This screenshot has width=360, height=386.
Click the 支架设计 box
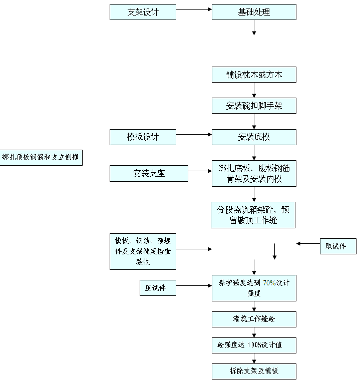[x=143, y=12]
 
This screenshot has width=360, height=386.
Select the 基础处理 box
[x=254, y=12]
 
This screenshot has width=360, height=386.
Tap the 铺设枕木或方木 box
[x=254, y=75]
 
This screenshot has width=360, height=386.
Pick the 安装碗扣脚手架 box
[x=254, y=106]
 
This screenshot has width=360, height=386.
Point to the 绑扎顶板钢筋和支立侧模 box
[x=41, y=158]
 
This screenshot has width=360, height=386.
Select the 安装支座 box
[x=149, y=174]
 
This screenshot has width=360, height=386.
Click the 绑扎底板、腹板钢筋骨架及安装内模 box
[x=254, y=174]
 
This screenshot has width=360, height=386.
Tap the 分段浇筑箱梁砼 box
[x=253, y=215]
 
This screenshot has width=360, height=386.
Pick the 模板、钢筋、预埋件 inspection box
[x=143, y=251]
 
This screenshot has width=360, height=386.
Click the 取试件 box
[x=338, y=246]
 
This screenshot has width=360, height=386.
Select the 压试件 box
[x=157, y=287]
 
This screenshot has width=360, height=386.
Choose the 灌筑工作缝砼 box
[x=254, y=319]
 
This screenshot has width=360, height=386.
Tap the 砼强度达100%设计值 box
[x=254, y=345]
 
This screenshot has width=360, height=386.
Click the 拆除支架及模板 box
[x=254, y=371]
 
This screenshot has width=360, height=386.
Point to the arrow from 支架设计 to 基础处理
[x=194, y=10]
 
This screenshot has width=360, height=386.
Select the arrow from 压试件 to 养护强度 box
[x=194, y=286]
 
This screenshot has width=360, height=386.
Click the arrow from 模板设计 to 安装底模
[x=194, y=134]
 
